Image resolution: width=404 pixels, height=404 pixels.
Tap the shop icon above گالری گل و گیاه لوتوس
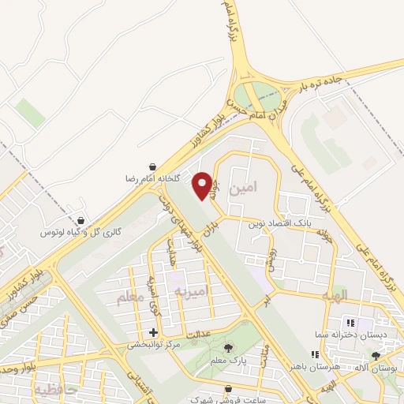pyautogui.click(x=81, y=222)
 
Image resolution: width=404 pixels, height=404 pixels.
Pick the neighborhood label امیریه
pyautogui.click(x=190, y=291)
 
